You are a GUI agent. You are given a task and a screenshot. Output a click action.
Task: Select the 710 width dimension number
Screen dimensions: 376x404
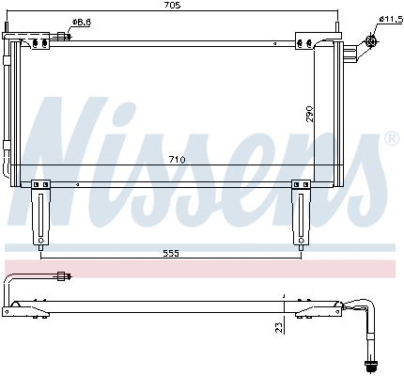(x=177, y=160)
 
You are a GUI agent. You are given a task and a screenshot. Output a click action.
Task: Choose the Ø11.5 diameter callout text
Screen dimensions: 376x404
(x=390, y=19)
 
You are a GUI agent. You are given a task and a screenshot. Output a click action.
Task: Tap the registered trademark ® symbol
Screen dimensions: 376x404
(x=392, y=138)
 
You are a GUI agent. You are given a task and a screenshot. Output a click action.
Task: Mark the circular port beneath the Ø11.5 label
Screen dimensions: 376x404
(x=372, y=39)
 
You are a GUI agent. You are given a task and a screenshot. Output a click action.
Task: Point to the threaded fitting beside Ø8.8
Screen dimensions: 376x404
(x=64, y=36)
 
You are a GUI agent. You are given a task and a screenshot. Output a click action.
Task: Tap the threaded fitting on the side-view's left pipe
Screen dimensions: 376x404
(x=64, y=276)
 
